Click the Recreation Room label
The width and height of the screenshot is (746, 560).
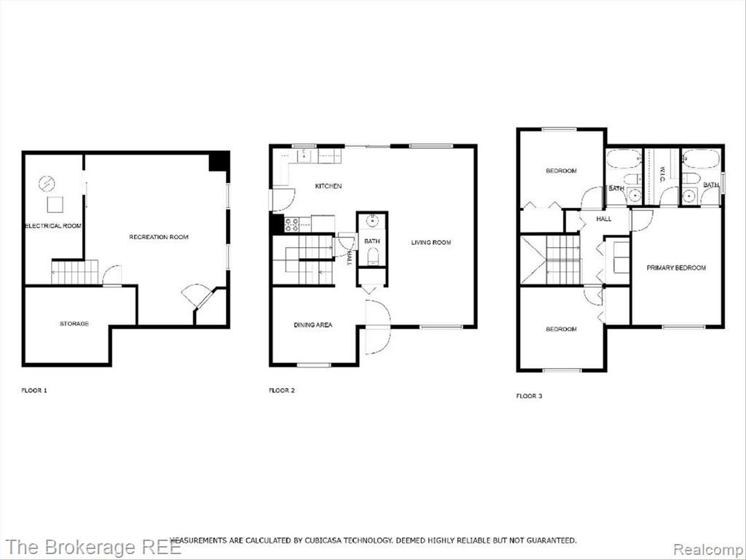click(x=158, y=237)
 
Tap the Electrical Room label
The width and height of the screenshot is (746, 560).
click(x=52, y=226)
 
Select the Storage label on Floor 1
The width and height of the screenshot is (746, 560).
click(x=74, y=324)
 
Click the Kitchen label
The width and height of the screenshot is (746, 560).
click(x=329, y=186)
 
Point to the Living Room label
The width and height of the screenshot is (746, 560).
click(x=431, y=242)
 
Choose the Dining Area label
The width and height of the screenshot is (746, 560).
click(x=313, y=324)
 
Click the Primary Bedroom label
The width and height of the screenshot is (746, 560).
click(x=676, y=268)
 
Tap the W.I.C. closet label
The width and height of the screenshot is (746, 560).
click(x=662, y=175)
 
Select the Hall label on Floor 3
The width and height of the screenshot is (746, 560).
click(x=604, y=219)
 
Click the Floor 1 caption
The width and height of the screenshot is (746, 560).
click(x=34, y=391)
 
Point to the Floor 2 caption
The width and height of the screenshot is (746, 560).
click(x=282, y=391)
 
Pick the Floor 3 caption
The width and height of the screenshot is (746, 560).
click(x=529, y=396)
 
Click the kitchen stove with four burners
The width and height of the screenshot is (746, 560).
click(x=291, y=225)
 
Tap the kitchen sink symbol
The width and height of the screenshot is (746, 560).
click(x=304, y=156)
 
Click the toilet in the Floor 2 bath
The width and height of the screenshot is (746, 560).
click(x=372, y=257)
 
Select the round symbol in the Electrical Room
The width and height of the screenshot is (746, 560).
click(x=46, y=183)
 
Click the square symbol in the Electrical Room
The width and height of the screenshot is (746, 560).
click(x=55, y=205)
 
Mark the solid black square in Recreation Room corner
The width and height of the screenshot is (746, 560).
click(x=219, y=161)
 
